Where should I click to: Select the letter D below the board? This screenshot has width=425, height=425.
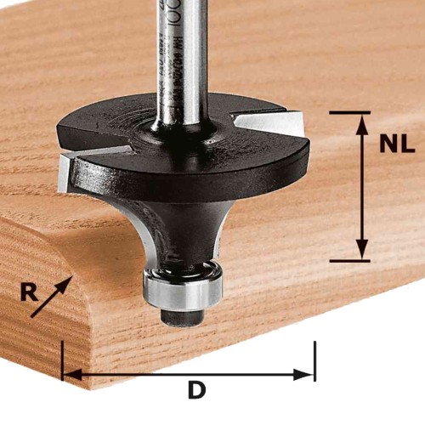coord(197,392)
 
